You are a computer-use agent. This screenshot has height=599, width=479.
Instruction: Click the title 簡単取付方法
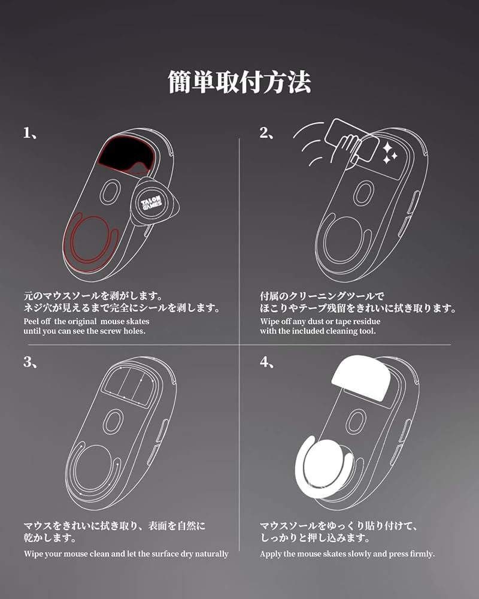239,83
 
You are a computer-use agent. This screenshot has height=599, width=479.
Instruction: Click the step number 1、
31,134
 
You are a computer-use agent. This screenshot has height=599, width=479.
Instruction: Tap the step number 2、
267,134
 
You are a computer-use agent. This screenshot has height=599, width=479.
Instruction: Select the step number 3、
31,362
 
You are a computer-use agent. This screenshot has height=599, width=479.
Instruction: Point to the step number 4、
267,362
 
